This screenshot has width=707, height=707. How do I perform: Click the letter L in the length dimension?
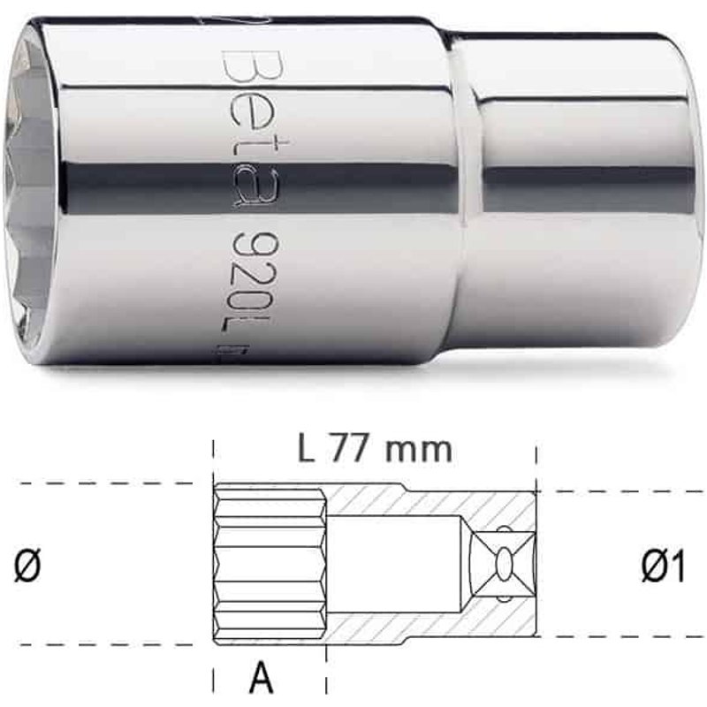coord(307,449)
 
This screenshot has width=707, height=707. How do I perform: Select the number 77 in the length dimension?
coord(354,449)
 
